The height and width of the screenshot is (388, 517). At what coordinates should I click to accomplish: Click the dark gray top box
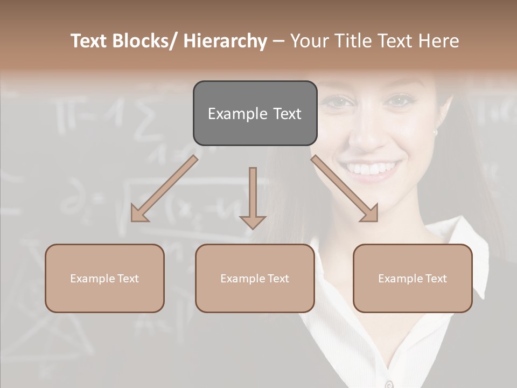click(x=255, y=113)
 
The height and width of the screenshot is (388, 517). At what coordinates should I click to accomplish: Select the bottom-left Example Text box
click(x=104, y=278)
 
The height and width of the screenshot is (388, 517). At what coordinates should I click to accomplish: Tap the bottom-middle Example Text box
click(x=255, y=278)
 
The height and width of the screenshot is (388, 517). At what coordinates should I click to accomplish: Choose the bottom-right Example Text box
click(x=413, y=278)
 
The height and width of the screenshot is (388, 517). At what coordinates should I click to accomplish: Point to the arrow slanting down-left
click(x=164, y=189)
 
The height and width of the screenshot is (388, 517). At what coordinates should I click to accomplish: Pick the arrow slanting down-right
click(x=345, y=189)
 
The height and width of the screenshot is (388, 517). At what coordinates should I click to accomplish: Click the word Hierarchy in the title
click(x=225, y=41)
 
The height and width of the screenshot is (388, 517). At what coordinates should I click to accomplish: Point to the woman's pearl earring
click(x=435, y=131)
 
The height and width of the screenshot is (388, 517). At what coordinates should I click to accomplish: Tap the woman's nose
click(x=366, y=137)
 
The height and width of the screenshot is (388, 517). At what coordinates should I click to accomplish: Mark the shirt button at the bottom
click(x=388, y=384)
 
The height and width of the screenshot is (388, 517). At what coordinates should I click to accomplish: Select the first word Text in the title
click(x=90, y=41)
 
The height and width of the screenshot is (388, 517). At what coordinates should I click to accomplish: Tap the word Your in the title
click(x=309, y=41)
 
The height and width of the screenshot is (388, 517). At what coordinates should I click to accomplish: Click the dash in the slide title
click(x=278, y=41)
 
